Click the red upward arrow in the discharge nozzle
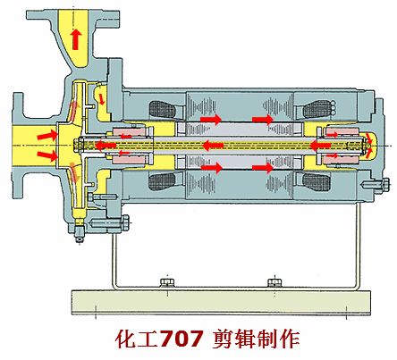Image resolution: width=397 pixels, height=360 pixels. click(76, 39)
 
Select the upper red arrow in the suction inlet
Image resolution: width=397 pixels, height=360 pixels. click(47, 136)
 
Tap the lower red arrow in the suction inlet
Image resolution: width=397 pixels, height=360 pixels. click(47, 155)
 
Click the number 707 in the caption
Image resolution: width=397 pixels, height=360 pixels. click(182, 339)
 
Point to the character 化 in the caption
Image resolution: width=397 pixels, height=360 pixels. click(126, 339)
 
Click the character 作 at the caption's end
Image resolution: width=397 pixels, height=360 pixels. click(290, 339)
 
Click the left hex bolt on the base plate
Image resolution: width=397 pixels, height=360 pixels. click(167, 282)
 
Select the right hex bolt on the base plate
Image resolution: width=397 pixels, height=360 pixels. click(275, 282)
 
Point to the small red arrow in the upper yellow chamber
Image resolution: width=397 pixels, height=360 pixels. click(102, 99)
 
